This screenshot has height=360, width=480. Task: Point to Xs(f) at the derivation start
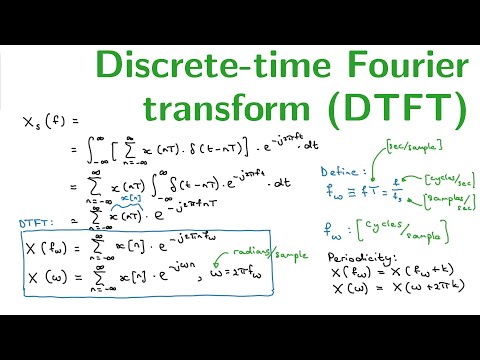coord(42,123)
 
